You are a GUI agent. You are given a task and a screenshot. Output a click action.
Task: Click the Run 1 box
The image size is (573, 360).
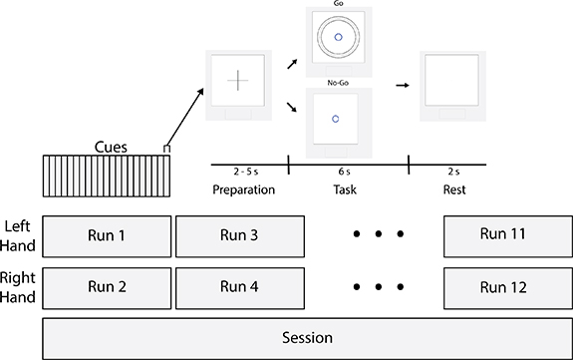[107, 236]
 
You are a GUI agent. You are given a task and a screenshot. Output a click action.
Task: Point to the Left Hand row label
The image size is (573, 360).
[20, 235]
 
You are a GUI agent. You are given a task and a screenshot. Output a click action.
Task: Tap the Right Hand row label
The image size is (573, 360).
[20, 287]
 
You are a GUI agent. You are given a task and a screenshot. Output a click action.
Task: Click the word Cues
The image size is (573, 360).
[111, 145]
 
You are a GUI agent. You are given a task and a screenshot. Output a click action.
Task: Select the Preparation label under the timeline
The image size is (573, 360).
[243, 188]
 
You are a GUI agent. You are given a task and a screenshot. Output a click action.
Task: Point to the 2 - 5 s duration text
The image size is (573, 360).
[243, 173]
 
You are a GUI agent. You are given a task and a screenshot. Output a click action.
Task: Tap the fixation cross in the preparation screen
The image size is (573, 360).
[238, 83]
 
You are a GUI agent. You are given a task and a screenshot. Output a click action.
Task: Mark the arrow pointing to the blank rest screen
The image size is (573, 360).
[403, 86]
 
